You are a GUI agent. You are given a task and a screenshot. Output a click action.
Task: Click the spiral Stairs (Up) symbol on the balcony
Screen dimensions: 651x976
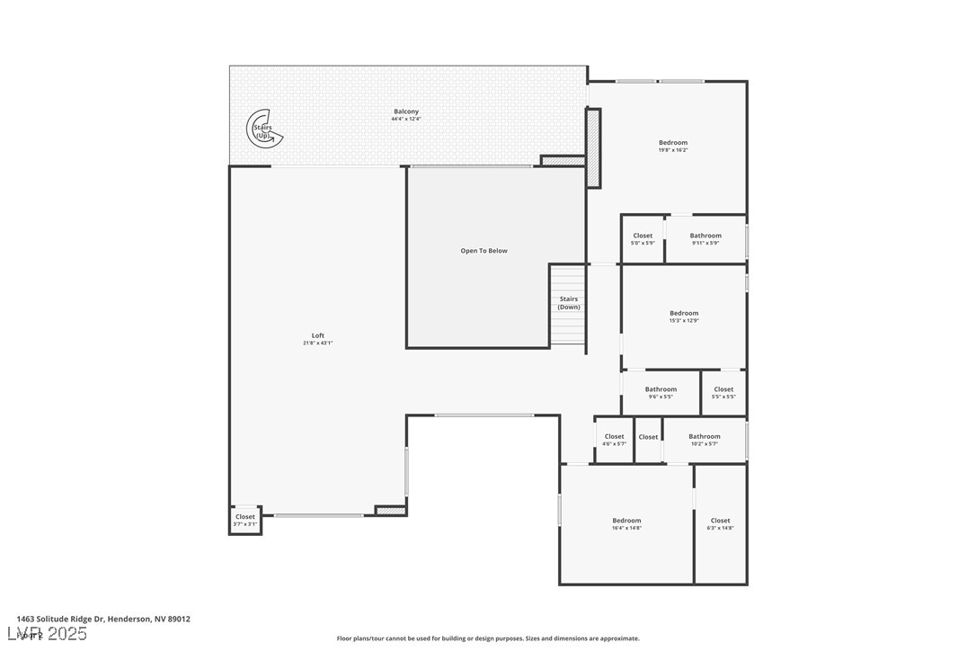coord(263,129)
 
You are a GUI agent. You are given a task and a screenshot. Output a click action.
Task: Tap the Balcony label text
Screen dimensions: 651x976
coord(406,111)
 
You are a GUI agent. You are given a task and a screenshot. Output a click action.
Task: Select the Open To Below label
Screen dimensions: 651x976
coord(484,251)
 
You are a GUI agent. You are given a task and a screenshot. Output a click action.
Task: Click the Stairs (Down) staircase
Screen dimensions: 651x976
coord(568,304)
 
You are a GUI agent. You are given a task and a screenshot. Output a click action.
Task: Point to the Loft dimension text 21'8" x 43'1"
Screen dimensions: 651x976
coord(318,343)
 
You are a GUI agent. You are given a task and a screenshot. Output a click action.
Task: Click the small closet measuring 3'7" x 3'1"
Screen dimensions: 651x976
coord(244,520)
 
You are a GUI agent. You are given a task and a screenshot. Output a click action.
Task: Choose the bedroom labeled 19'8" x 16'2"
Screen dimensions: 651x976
coord(672,146)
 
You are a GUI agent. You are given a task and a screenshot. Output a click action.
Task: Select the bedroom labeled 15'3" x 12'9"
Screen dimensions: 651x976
coord(683,317)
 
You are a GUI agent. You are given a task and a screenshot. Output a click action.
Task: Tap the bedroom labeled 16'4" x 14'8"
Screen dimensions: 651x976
coord(626,524)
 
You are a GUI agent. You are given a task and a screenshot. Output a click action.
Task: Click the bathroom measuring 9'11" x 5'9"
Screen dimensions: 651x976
coord(705,239)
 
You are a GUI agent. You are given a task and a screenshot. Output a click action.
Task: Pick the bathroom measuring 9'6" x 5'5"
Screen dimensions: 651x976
coord(661,393)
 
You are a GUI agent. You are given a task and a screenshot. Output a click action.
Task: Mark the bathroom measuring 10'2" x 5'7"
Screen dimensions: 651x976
coord(705,440)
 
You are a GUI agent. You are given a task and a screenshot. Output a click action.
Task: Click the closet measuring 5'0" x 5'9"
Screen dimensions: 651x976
coord(643,239)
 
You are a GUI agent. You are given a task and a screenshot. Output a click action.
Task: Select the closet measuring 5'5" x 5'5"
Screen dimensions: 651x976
coord(723,393)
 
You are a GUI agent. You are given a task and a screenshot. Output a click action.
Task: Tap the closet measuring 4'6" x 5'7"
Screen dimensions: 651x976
coord(614,440)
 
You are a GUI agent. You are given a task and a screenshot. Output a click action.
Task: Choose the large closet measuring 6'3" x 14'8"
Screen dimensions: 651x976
coord(720,524)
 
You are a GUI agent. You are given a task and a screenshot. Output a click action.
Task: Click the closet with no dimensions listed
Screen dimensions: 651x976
coord(648,438)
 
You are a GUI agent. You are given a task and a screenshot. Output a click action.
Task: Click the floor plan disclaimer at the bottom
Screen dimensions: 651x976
coord(488,638)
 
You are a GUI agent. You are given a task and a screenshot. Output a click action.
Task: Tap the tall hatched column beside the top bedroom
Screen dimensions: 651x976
coord(593,147)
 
